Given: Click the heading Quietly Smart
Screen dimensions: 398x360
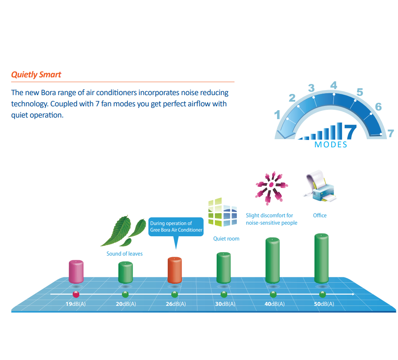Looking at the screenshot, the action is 36,75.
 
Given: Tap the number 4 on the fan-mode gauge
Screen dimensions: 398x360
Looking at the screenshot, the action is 333,85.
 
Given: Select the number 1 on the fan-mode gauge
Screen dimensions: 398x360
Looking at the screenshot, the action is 277,115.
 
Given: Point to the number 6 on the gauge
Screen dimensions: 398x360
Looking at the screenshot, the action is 378,107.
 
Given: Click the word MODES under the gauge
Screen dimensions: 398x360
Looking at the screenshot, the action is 331,145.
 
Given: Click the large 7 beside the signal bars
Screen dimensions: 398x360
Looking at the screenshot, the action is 350,131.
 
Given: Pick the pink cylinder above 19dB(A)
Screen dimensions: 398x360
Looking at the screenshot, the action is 76,271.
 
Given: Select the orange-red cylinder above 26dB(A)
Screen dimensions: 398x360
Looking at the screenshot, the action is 175,270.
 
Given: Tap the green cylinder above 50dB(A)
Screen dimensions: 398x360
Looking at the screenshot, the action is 321,258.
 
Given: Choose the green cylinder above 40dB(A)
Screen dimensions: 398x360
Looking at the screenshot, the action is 272,260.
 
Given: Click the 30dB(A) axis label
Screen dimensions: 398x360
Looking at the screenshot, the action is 225,304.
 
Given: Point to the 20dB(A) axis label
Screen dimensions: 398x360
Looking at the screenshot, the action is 126,304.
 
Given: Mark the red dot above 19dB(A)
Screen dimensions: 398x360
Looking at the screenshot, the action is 76,294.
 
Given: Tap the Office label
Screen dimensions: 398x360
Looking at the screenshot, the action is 320,215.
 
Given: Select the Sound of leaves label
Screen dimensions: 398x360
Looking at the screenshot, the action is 124,254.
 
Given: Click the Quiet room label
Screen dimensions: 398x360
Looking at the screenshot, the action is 226,239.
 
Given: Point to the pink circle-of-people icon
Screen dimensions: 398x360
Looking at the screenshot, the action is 271,188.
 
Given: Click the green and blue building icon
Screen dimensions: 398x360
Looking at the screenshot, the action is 222,212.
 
